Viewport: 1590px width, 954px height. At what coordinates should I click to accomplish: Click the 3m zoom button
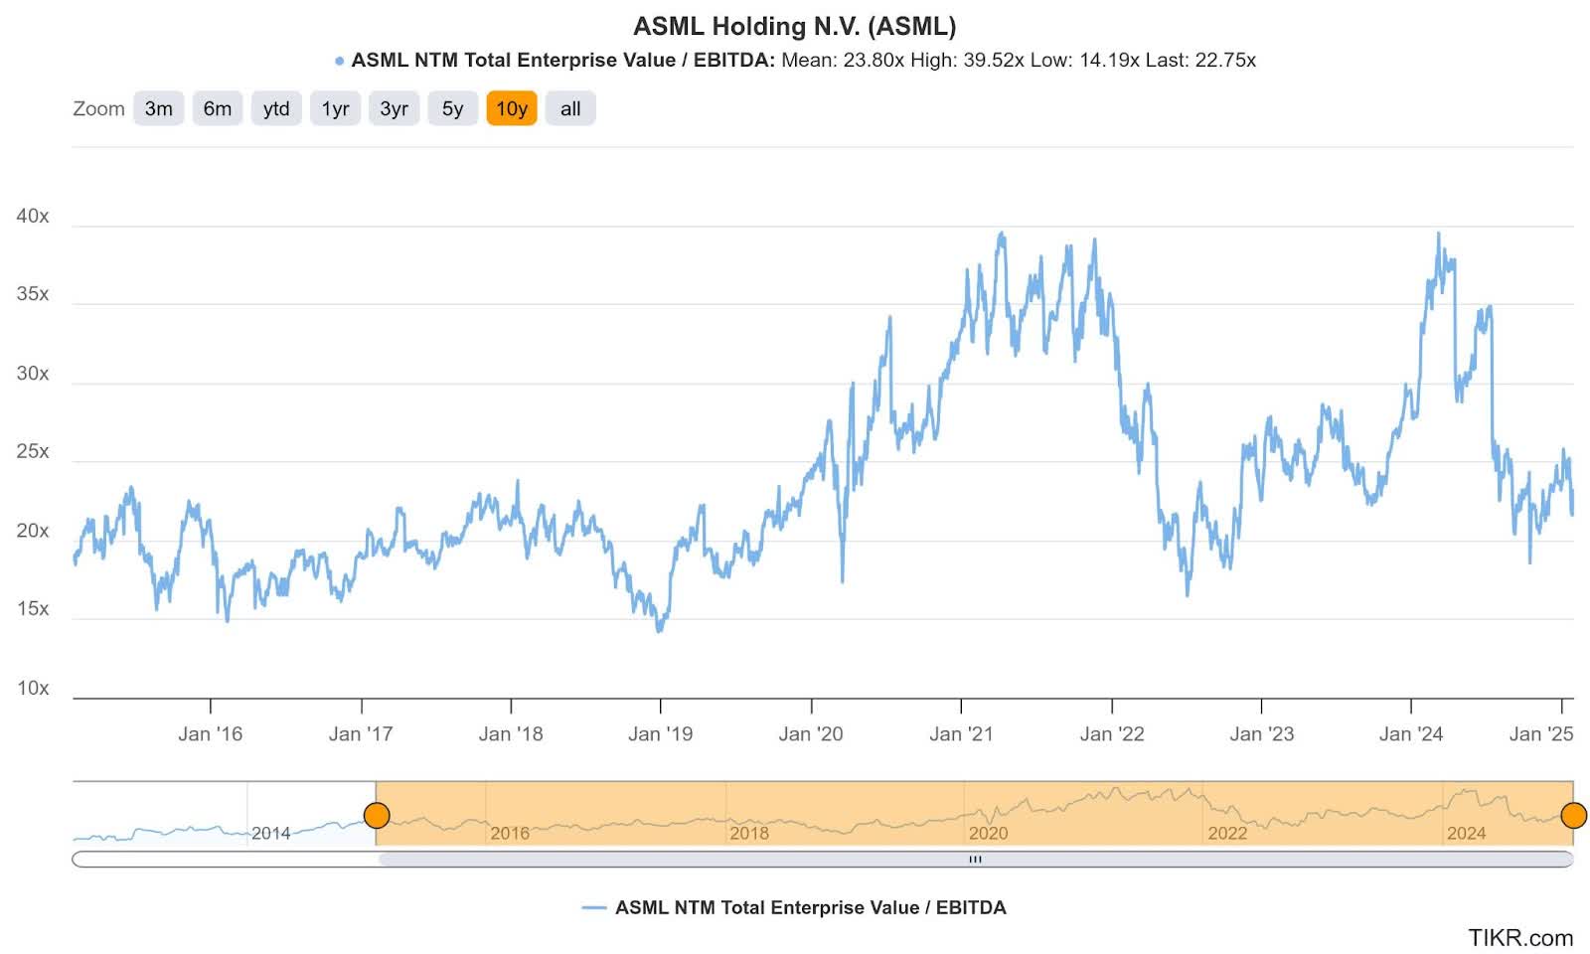[x=158, y=108]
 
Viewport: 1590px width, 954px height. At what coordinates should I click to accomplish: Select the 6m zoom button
[x=217, y=108]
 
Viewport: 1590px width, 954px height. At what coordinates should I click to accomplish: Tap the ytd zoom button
[x=276, y=108]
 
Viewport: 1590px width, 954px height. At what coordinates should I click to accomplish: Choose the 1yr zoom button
[x=335, y=108]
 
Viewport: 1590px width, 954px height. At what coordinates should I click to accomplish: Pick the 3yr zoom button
[x=394, y=108]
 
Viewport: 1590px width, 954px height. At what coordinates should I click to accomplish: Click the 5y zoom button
[x=452, y=108]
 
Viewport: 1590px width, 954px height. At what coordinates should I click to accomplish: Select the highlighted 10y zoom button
[x=511, y=108]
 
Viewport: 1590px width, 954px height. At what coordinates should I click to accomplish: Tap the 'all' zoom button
[x=570, y=108]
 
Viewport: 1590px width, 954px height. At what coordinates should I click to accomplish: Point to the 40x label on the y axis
[x=33, y=216]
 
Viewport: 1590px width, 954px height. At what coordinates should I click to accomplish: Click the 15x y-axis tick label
[x=33, y=608]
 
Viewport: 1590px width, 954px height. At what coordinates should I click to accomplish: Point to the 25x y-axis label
[x=33, y=451]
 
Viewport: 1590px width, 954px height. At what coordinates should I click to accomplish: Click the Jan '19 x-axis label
[x=660, y=733]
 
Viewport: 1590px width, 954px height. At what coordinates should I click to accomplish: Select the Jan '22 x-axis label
[x=1111, y=733]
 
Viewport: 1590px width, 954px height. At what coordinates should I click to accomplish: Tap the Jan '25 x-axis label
[x=1540, y=733]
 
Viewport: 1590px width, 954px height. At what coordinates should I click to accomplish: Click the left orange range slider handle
[x=377, y=816]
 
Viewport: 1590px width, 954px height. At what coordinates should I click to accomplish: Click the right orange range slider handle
[x=1573, y=816]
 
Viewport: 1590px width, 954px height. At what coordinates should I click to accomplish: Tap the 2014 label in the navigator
[x=270, y=833]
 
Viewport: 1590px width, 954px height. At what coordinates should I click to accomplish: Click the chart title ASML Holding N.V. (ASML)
[x=794, y=26]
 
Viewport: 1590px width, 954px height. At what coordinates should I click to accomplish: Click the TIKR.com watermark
[x=1520, y=937]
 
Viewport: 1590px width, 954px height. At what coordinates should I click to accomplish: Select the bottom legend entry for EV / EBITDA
[x=794, y=907]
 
